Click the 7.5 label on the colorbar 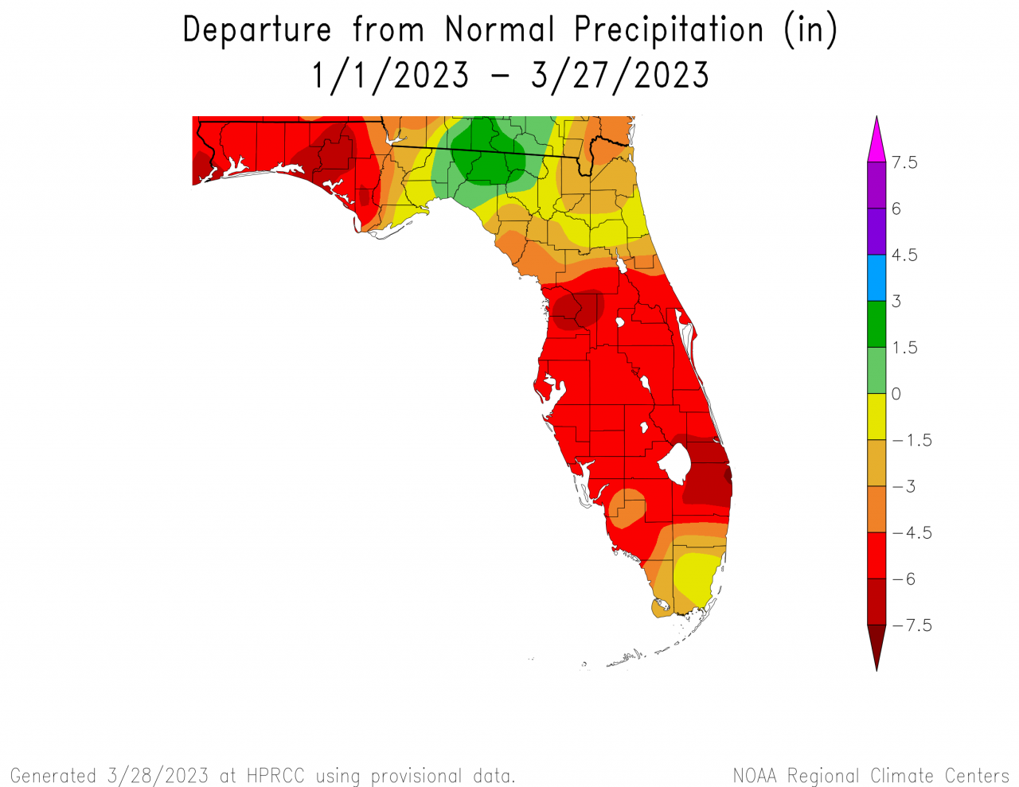[x=904, y=162]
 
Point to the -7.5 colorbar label [x=912, y=625]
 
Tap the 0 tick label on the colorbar [x=896, y=394]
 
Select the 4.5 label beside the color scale [x=904, y=255]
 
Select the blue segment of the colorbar [x=876, y=278]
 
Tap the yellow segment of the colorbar [x=876, y=416]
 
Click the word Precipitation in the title [x=669, y=30]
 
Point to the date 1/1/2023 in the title [x=390, y=76]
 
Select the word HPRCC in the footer [x=275, y=776]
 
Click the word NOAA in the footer [x=756, y=776]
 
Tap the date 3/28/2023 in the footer [x=158, y=776]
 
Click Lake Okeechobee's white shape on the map [x=673, y=462]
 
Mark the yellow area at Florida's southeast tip [x=694, y=577]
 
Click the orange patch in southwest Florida [x=627, y=508]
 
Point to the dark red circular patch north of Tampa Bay [x=579, y=309]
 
